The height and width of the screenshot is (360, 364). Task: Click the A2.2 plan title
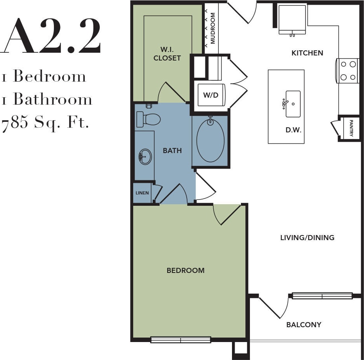click(52, 36)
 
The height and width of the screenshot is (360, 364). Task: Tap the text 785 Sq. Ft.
click(46, 123)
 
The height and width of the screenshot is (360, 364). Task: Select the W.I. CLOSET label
click(167, 54)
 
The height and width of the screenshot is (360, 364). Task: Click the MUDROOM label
click(213, 28)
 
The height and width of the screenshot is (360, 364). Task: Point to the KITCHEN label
click(307, 53)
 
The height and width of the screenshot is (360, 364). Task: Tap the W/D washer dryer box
click(211, 95)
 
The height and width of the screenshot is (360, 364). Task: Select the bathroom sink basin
click(145, 157)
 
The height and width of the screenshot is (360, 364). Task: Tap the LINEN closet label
click(142, 193)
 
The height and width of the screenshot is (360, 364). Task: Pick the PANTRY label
click(351, 128)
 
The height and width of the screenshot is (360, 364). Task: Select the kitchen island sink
click(293, 104)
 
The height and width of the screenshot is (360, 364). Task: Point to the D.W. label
click(293, 130)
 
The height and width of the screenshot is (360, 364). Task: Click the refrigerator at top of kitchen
click(292, 20)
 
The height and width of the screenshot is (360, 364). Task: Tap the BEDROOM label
click(186, 270)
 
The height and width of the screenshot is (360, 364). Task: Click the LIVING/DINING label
click(307, 237)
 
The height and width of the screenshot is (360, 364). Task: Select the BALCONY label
click(304, 324)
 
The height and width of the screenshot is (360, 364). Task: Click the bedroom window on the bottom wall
click(181, 340)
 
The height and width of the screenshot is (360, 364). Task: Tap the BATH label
click(172, 150)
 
